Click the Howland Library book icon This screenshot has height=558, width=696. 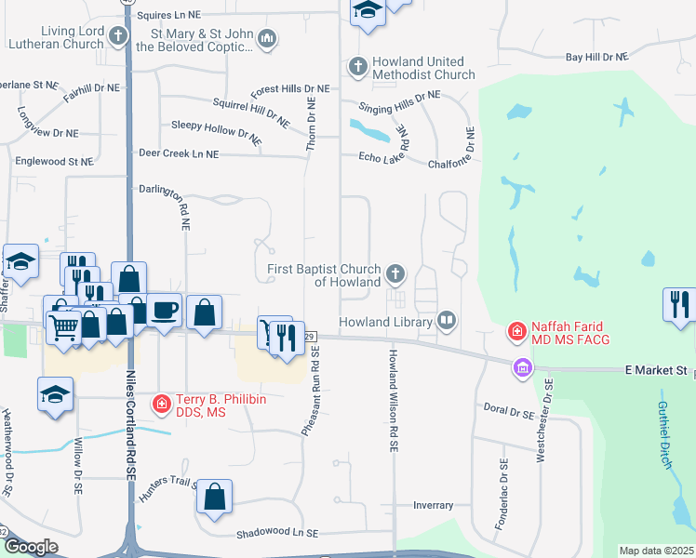pyautogui.click(x=448, y=321)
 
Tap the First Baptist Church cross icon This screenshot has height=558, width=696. pyautogui.click(x=395, y=273)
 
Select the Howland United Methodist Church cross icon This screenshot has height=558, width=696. pyautogui.click(x=357, y=66)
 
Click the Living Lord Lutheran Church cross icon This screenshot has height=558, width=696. pyautogui.click(x=118, y=37)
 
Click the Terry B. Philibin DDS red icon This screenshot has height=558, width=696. pyautogui.click(x=162, y=403)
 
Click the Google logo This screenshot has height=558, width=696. pyautogui.click(x=31, y=547)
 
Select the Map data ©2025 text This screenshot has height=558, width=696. pyautogui.click(x=656, y=551)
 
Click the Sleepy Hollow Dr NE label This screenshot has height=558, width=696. pyautogui.click(x=216, y=129)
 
